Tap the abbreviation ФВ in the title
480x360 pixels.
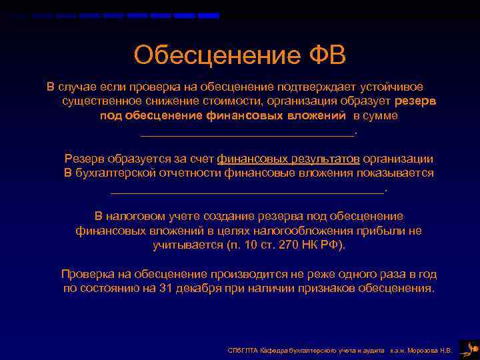coord(323,55)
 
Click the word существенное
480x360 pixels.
coord(101,101)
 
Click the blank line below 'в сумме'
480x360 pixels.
coord(248,134)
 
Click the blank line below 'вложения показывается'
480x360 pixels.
coord(247,191)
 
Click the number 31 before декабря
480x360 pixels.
coord(166,289)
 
